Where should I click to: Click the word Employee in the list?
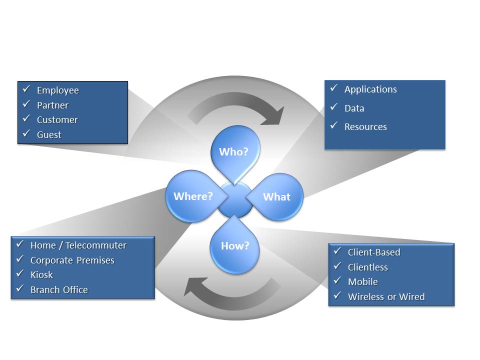click(x=57, y=90)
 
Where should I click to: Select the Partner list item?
click(x=52, y=105)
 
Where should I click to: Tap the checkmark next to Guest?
click(x=26, y=133)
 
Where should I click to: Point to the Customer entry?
click(x=57, y=120)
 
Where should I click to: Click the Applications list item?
click(x=370, y=89)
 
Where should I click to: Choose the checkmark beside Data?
click(x=333, y=107)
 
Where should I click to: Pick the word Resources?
click(x=365, y=127)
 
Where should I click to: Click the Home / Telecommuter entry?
click(x=78, y=245)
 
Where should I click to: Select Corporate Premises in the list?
click(x=72, y=260)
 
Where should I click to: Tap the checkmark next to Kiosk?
click(x=20, y=274)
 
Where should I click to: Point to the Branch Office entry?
click(x=59, y=290)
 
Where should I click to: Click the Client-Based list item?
click(x=374, y=252)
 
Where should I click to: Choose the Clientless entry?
click(x=367, y=267)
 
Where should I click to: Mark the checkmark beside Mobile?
click(x=337, y=281)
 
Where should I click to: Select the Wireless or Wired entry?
click(x=386, y=297)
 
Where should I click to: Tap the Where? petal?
click(x=192, y=196)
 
